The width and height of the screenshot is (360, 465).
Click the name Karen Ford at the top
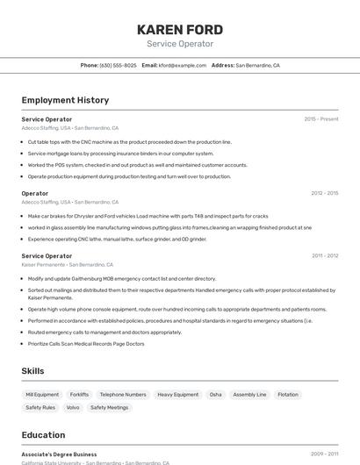click(180, 30)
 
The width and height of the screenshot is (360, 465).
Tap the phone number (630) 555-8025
click(118, 65)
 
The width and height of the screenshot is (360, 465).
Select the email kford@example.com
click(183, 65)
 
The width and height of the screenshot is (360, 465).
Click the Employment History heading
click(65, 100)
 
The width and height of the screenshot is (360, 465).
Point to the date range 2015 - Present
click(321, 118)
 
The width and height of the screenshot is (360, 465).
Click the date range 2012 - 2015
click(324, 193)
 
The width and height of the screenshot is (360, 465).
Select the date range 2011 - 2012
click(324, 255)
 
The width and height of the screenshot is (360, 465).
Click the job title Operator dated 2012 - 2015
click(35, 193)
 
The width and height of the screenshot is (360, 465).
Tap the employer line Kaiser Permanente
click(67, 264)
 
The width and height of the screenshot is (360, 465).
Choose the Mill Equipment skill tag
click(42, 395)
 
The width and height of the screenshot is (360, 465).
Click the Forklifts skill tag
click(79, 395)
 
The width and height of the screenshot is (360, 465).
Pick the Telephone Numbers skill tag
click(123, 395)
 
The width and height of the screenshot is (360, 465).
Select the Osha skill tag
click(215, 395)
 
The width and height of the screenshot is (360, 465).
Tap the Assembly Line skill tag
click(249, 395)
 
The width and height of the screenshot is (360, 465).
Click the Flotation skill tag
click(288, 395)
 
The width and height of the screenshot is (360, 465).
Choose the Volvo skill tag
click(73, 407)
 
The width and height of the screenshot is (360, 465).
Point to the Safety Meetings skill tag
click(109, 407)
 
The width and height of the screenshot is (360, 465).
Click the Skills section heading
click(32, 371)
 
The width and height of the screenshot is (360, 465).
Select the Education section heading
click(43, 434)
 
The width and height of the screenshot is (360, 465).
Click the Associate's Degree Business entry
click(59, 454)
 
